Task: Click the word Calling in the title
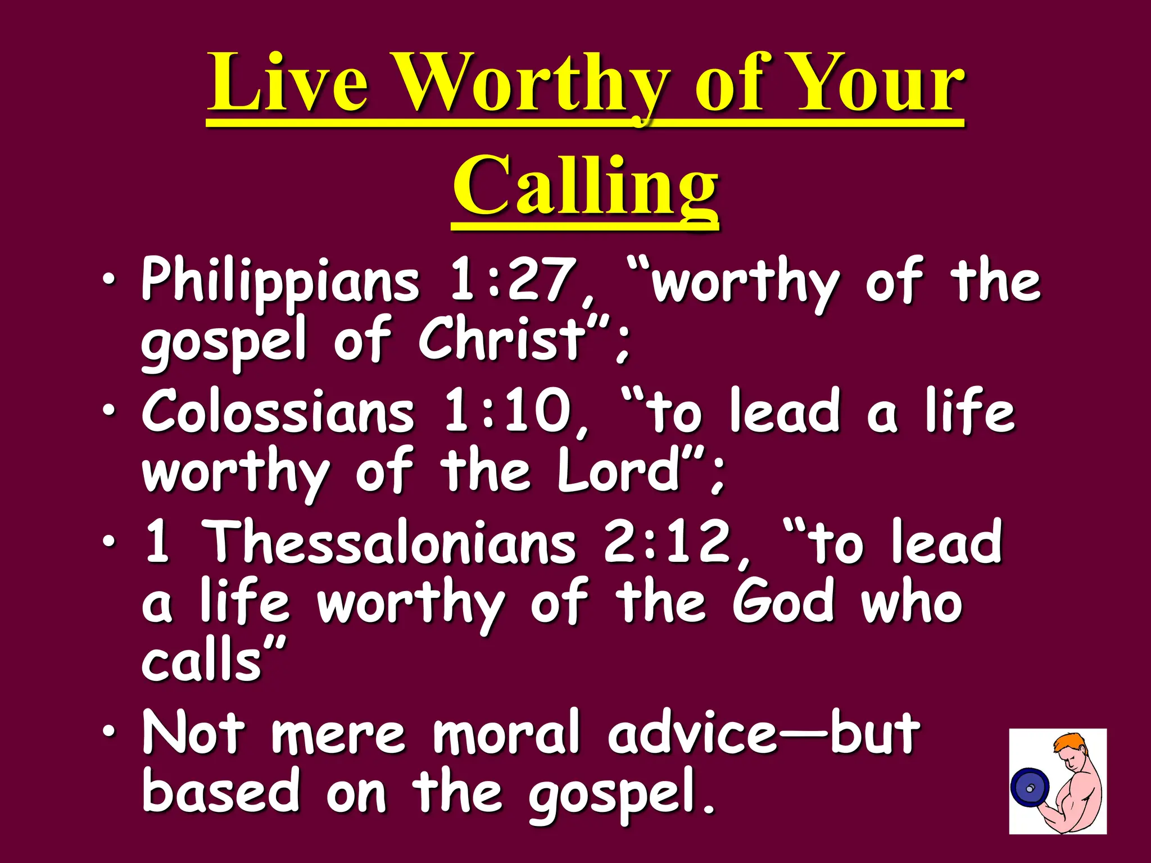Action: click(x=585, y=185)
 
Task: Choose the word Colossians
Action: click(x=278, y=412)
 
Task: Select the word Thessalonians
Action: click(x=391, y=542)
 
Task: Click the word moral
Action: click(x=506, y=733)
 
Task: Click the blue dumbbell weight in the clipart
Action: click(x=1030, y=788)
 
